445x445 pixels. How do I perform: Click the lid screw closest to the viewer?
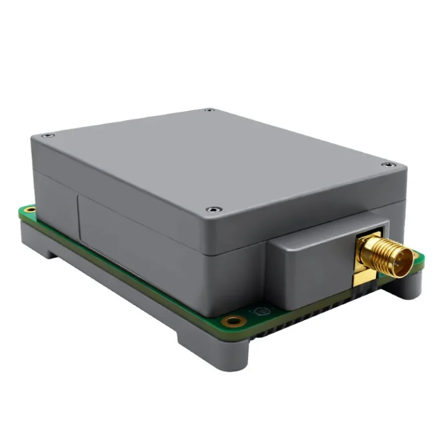point(215,209)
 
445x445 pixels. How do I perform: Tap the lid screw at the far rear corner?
point(210,110)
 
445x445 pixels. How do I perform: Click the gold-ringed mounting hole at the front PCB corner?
point(234,321)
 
